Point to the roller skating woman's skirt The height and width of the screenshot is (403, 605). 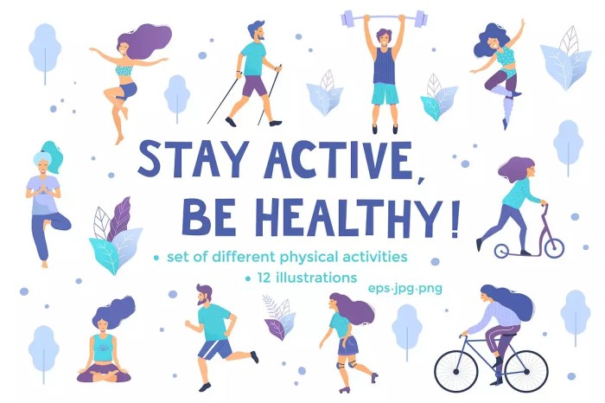pos(347,345)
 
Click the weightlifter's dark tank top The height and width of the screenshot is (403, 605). pos(384,66)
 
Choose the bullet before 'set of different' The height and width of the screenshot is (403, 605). pos(156,258)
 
